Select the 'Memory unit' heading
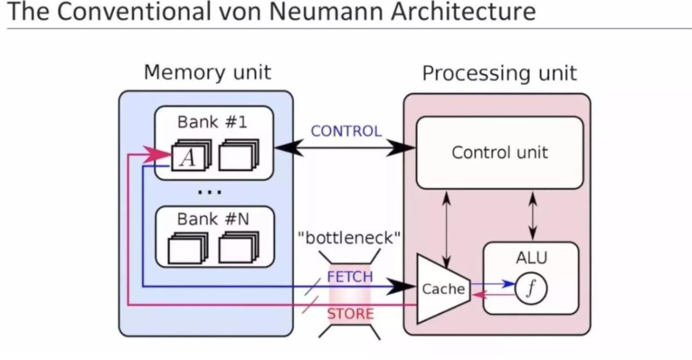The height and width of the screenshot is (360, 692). pos(207,72)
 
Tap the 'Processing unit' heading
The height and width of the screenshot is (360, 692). pos(499,74)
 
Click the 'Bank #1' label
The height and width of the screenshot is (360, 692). pos(212,122)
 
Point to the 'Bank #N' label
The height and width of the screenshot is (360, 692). pos(213,219)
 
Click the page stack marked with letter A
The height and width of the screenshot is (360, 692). pos(189,156)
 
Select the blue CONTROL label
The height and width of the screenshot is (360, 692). pos(346,131)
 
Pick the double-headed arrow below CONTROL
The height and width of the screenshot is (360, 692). pos(345,149)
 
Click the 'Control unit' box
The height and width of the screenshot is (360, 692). pos(500,152)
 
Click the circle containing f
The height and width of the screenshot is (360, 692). pos(531,290)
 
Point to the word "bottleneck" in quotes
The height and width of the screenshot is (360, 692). pos(349,239)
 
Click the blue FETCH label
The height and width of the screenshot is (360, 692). pos(349,277)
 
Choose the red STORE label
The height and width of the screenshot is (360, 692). pos(350,314)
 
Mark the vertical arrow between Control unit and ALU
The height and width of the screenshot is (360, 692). pos(532,215)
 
